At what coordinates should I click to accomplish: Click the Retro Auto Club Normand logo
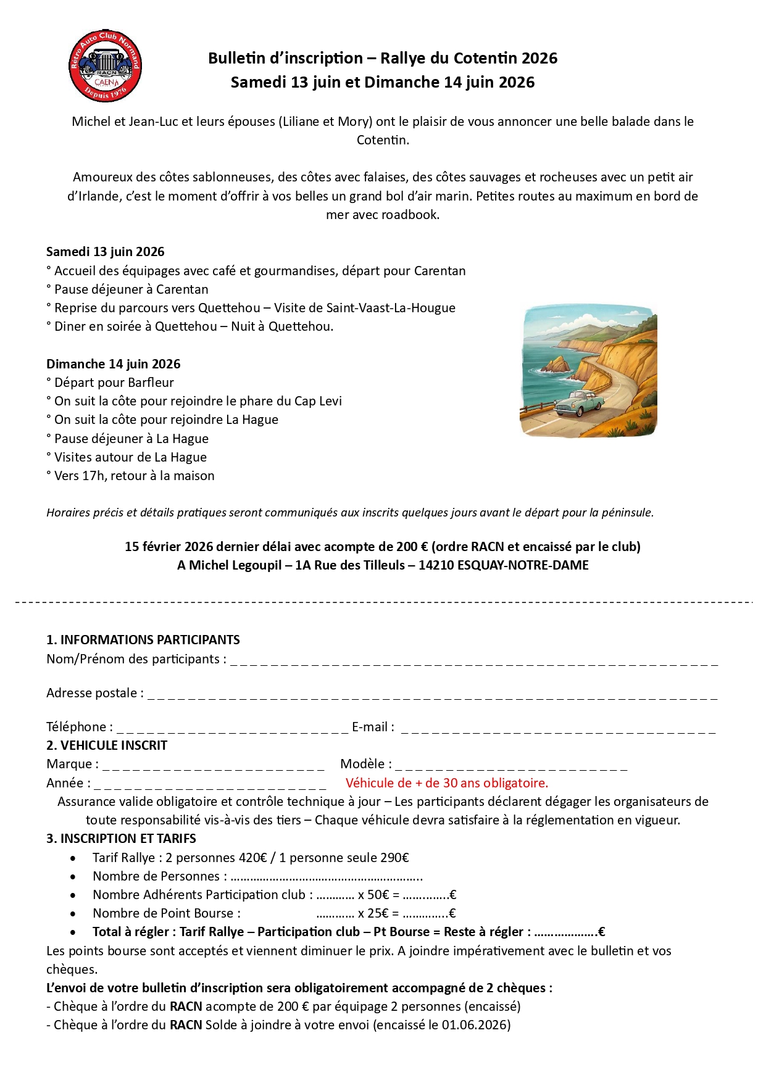click(105, 65)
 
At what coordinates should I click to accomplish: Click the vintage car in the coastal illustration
click(578, 403)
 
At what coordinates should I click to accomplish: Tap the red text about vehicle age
click(446, 783)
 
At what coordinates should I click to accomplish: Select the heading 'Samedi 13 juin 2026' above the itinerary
click(106, 252)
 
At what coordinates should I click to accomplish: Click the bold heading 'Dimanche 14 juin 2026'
click(114, 364)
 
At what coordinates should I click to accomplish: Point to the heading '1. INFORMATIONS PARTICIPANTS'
click(143, 640)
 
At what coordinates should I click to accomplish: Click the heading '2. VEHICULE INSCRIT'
click(107, 745)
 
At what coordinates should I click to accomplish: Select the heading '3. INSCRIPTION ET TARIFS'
click(121, 839)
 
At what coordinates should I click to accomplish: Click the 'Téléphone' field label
click(79, 727)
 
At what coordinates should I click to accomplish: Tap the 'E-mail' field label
click(372, 727)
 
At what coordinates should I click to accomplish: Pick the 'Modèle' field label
click(365, 764)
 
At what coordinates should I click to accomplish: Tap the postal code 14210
click(436, 565)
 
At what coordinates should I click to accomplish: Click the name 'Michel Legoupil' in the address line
click(235, 565)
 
